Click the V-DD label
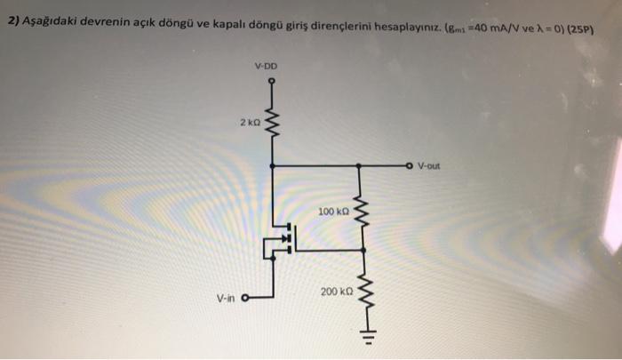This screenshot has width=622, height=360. [266, 65]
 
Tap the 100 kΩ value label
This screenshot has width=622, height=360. [332, 212]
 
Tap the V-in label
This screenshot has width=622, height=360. [224, 274]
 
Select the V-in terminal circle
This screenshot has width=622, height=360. [245, 274]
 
